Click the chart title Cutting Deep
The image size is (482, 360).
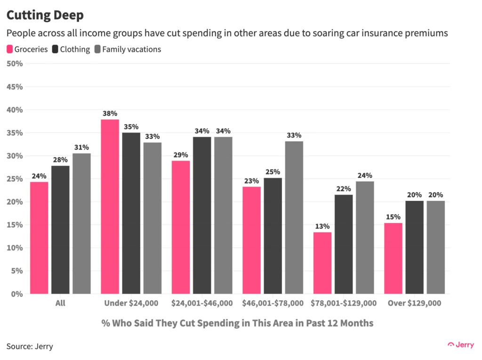click(45, 15)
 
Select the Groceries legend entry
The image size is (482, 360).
click(27, 49)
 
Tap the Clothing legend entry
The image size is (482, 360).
click(72, 49)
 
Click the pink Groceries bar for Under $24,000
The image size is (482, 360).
click(110, 207)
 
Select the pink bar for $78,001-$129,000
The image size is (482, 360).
click(322, 263)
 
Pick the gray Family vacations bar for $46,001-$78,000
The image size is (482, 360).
click(294, 217)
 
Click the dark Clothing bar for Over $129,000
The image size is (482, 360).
click(414, 247)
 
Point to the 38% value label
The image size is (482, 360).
click(110, 113)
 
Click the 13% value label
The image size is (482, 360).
click(322, 226)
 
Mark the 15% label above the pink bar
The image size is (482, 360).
click(393, 217)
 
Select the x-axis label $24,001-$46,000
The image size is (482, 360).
click(202, 304)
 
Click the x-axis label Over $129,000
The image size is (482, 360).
click(414, 304)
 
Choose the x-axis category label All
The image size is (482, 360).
click(60, 304)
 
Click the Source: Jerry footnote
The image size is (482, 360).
click(30, 346)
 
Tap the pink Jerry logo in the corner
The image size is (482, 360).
click(461, 344)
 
